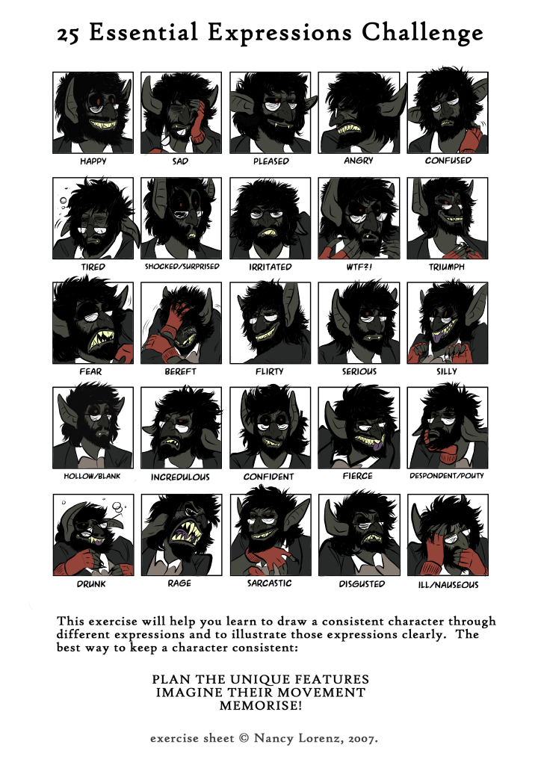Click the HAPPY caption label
(x=93, y=161)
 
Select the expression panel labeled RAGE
(x=182, y=535)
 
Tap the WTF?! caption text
(x=359, y=267)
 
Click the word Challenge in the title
(x=422, y=33)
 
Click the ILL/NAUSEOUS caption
(x=448, y=584)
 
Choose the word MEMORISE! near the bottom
(x=261, y=705)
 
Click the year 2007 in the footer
(x=362, y=739)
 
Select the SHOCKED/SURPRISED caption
(x=182, y=267)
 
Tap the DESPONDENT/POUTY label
(x=447, y=476)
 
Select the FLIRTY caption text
(x=269, y=372)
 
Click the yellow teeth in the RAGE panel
(x=185, y=533)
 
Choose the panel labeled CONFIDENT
(x=270, y=428)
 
